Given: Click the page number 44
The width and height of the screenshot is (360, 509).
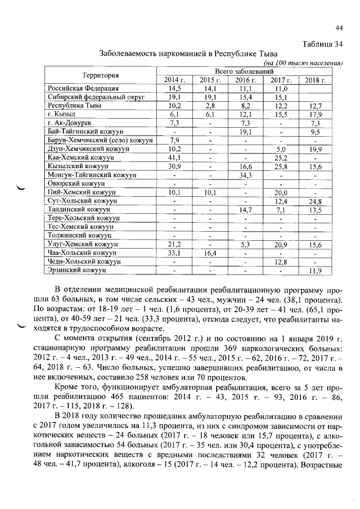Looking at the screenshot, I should (x=339, y=28).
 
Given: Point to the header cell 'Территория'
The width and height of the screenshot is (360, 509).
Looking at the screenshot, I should (x=100, y=76).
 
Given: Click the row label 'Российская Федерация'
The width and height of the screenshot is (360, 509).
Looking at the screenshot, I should (x=83, y=89).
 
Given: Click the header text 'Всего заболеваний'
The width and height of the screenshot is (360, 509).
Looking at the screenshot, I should (x=244, y=72).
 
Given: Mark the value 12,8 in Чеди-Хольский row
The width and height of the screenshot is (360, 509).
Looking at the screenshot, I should (x=280, y=262).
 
